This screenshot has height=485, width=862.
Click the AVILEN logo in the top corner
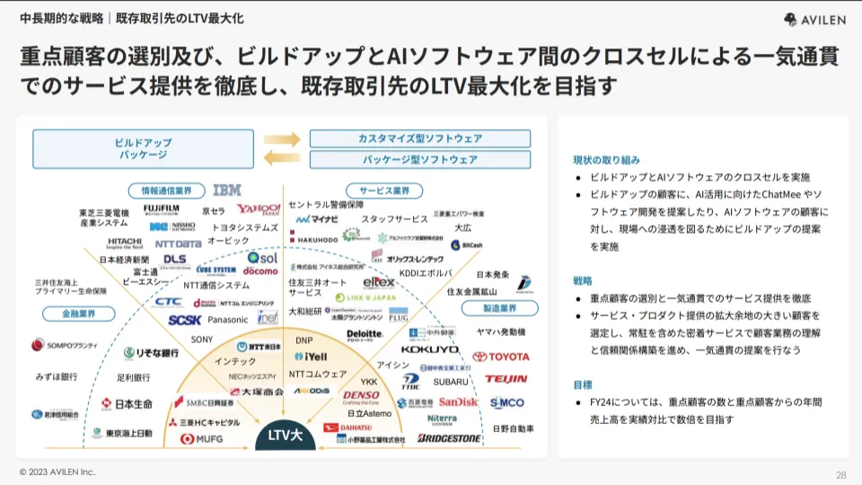(x=815, y=19)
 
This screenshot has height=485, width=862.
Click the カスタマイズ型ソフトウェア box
(x=419, y=138)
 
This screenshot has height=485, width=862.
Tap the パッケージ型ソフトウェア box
(x=419, y=159)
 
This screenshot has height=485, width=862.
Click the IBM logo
(x=227, y=190)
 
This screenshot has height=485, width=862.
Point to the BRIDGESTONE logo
(x=449, y=438)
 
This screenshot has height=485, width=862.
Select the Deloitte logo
(x=365, y=335)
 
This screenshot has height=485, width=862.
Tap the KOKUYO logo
(x=417, y=349)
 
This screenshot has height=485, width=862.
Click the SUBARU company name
(x=452, y=382)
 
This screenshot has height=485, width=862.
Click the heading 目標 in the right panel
(x=585, y=384)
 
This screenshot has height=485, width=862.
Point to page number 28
(x=840, y=475)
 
